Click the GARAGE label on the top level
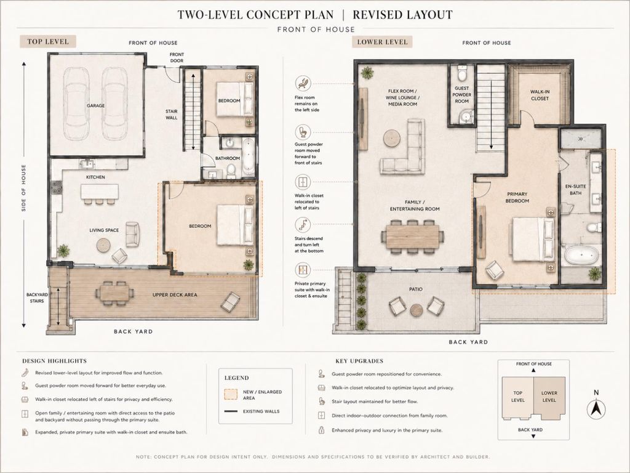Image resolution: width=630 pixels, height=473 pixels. pos(95,106)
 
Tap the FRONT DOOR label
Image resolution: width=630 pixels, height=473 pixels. pos(177,57)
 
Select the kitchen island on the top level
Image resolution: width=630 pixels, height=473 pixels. pos(100,192)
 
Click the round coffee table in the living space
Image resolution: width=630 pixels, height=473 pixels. pos(103,245)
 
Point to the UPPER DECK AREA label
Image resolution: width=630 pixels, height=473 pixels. pos(175,295)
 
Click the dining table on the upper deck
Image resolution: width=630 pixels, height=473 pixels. pos(115,293)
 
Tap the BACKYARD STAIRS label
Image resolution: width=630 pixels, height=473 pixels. pos(37,297)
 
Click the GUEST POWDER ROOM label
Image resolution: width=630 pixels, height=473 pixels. pos(461,94)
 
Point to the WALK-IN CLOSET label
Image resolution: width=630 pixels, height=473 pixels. pos(540,95)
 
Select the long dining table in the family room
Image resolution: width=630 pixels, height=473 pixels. pos(413,236)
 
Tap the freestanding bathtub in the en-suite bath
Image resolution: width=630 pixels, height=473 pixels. pos(581,256)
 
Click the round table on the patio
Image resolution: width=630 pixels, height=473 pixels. pos(417,310)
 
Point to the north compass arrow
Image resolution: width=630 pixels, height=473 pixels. pos(596,410)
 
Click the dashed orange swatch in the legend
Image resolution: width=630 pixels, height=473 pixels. pos(231,395)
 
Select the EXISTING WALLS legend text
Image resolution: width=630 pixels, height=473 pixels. pos(261,411)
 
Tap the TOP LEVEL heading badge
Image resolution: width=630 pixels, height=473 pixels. pos(48,41)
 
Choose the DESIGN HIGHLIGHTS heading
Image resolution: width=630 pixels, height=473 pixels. pos(55,361)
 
